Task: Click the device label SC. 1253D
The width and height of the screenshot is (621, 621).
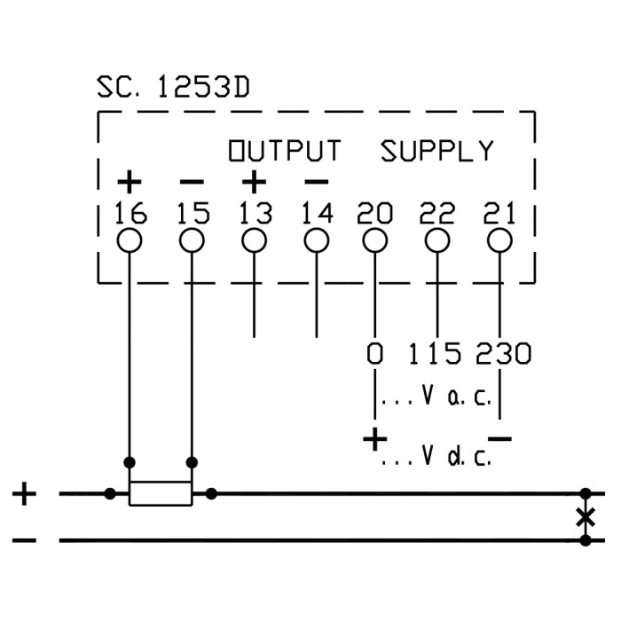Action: [173, 87]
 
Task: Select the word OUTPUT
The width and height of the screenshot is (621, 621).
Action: [284, 151]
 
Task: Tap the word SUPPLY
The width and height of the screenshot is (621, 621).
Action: [437, 151]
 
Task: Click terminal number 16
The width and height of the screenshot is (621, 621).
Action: [130, 213]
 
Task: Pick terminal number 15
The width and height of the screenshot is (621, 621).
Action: [192, 213]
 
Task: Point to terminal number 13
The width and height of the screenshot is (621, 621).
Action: [255, 213]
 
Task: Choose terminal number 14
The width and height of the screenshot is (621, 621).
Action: [317, 213]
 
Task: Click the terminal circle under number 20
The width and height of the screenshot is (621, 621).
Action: [375, 240]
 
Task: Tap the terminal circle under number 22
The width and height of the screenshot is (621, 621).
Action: [437, 240]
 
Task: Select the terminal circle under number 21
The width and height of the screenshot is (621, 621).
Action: [499, 240]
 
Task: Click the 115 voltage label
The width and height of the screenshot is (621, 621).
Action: [435, 354]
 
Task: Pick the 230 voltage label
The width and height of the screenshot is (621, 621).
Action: [502, 354]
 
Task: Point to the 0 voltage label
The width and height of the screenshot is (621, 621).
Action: [375, 354]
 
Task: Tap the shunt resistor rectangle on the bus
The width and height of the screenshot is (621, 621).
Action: [161, 493]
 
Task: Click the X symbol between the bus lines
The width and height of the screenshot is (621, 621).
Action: [585, 516]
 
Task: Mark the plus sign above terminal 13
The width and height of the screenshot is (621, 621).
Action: [255, 183]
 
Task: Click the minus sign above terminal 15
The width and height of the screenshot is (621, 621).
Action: [192, 183]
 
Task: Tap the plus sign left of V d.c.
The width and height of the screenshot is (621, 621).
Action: [375, 438]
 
